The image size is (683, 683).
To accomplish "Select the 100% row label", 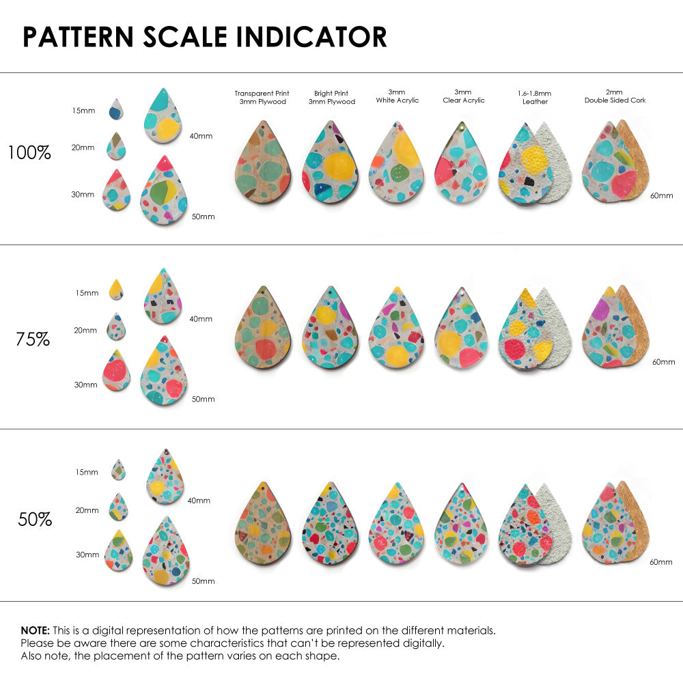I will [29, 153].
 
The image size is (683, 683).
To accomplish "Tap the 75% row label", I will [33, 339].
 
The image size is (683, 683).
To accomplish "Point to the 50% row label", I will [35, 519].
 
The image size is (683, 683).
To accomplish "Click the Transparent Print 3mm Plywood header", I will [262, 98].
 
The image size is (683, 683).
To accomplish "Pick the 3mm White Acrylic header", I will [397, 96].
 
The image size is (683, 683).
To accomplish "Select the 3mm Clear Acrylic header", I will [463, 96].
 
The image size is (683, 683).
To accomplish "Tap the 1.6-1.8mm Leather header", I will [535, 98].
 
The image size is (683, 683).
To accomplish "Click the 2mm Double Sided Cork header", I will [615, 96].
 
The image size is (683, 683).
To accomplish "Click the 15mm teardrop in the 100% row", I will [117, 109].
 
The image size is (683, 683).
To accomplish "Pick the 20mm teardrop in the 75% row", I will [116, 327].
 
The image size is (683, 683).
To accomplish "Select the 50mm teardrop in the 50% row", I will [166, 551].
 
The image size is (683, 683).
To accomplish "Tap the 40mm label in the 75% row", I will [200, 318].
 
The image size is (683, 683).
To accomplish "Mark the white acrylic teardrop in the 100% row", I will [397, 163].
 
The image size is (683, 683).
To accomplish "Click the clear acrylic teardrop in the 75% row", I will [462, 329].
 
